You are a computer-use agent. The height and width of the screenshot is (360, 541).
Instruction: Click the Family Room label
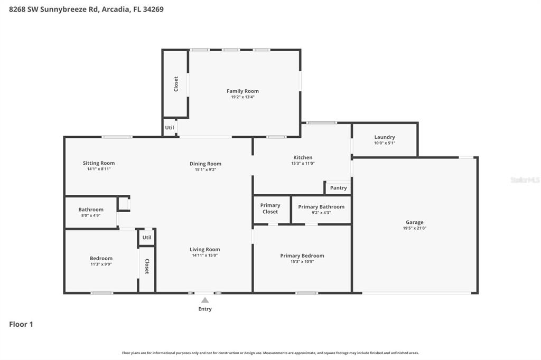coord(242,91)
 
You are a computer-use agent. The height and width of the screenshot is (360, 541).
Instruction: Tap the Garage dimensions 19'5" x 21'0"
coord(415,229)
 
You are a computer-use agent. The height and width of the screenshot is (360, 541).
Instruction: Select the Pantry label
coord(338,188)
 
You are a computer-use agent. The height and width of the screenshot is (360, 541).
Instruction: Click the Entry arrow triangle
coord(205,300)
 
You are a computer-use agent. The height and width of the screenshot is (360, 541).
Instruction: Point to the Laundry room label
coord(384,137)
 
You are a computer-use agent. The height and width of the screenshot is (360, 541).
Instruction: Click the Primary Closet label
coord(270,209)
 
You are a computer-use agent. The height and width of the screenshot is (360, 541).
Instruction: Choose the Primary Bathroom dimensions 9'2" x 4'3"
coord(321,213)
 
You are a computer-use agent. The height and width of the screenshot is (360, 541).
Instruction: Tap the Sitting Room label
coord(99,163)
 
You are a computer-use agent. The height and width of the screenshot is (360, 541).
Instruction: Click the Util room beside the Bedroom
coord(147,238)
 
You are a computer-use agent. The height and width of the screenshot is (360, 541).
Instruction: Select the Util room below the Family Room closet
coord(170,128)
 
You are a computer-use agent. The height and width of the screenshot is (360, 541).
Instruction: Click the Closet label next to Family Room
coord(176,84)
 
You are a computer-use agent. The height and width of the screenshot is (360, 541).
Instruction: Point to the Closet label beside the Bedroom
coord(147,267)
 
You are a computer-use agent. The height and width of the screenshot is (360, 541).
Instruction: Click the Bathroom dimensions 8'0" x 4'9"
coord(91,215)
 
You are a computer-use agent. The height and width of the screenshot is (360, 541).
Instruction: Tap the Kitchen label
coord(303,157)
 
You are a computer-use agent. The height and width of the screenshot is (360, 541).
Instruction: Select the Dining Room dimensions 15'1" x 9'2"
coord(206,169)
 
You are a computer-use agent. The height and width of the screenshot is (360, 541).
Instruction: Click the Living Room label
coord(205,250)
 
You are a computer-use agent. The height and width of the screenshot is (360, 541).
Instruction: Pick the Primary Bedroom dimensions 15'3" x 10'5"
coord(302,261)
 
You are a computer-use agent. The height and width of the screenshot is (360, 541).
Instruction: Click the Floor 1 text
coord(21,325)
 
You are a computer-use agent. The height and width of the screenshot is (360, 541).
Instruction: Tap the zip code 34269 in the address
coord(152,9)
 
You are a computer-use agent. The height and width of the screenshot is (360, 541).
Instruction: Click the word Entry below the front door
coord(205,309)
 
